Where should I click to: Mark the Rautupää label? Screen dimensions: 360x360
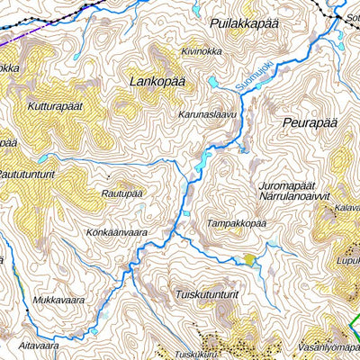tap(122, 193)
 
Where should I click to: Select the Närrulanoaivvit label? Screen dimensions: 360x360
tap(295, 194)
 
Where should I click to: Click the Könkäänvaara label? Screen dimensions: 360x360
tap(116, 231)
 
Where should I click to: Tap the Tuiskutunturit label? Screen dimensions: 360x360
tap(207, 293)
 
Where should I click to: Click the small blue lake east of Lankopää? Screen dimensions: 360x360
tap(212, 82)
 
